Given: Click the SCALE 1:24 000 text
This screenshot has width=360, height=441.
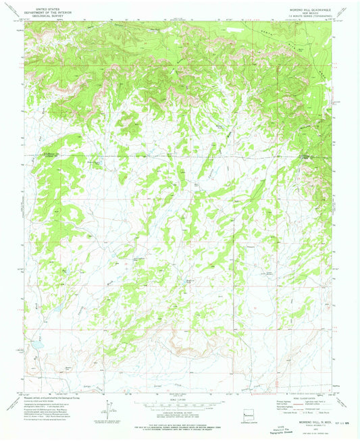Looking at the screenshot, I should coord(180,399).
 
